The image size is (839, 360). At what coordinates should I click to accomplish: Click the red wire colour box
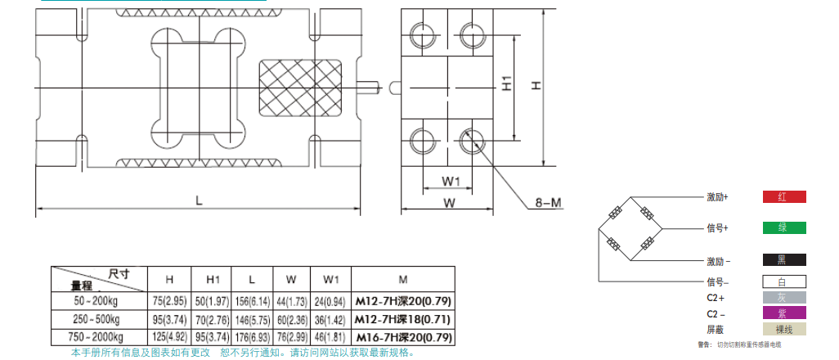783,197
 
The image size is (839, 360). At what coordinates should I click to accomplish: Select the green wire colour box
783,227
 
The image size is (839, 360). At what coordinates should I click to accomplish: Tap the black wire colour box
783,260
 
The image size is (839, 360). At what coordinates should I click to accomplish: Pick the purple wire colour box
783,313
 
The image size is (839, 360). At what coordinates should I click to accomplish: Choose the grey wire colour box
783,297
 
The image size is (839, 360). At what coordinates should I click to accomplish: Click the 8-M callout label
549,202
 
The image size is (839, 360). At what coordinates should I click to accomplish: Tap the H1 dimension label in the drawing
508,84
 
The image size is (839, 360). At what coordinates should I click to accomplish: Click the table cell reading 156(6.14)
251,301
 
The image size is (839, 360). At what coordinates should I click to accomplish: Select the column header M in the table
402,278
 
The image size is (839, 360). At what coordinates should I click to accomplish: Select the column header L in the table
251,278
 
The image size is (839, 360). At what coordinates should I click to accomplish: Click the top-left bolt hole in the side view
425,34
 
